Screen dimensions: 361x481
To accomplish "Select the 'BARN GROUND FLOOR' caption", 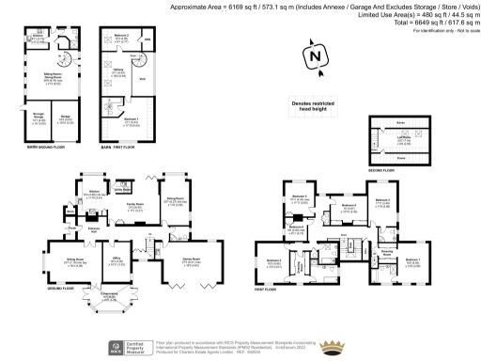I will [44, 148].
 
